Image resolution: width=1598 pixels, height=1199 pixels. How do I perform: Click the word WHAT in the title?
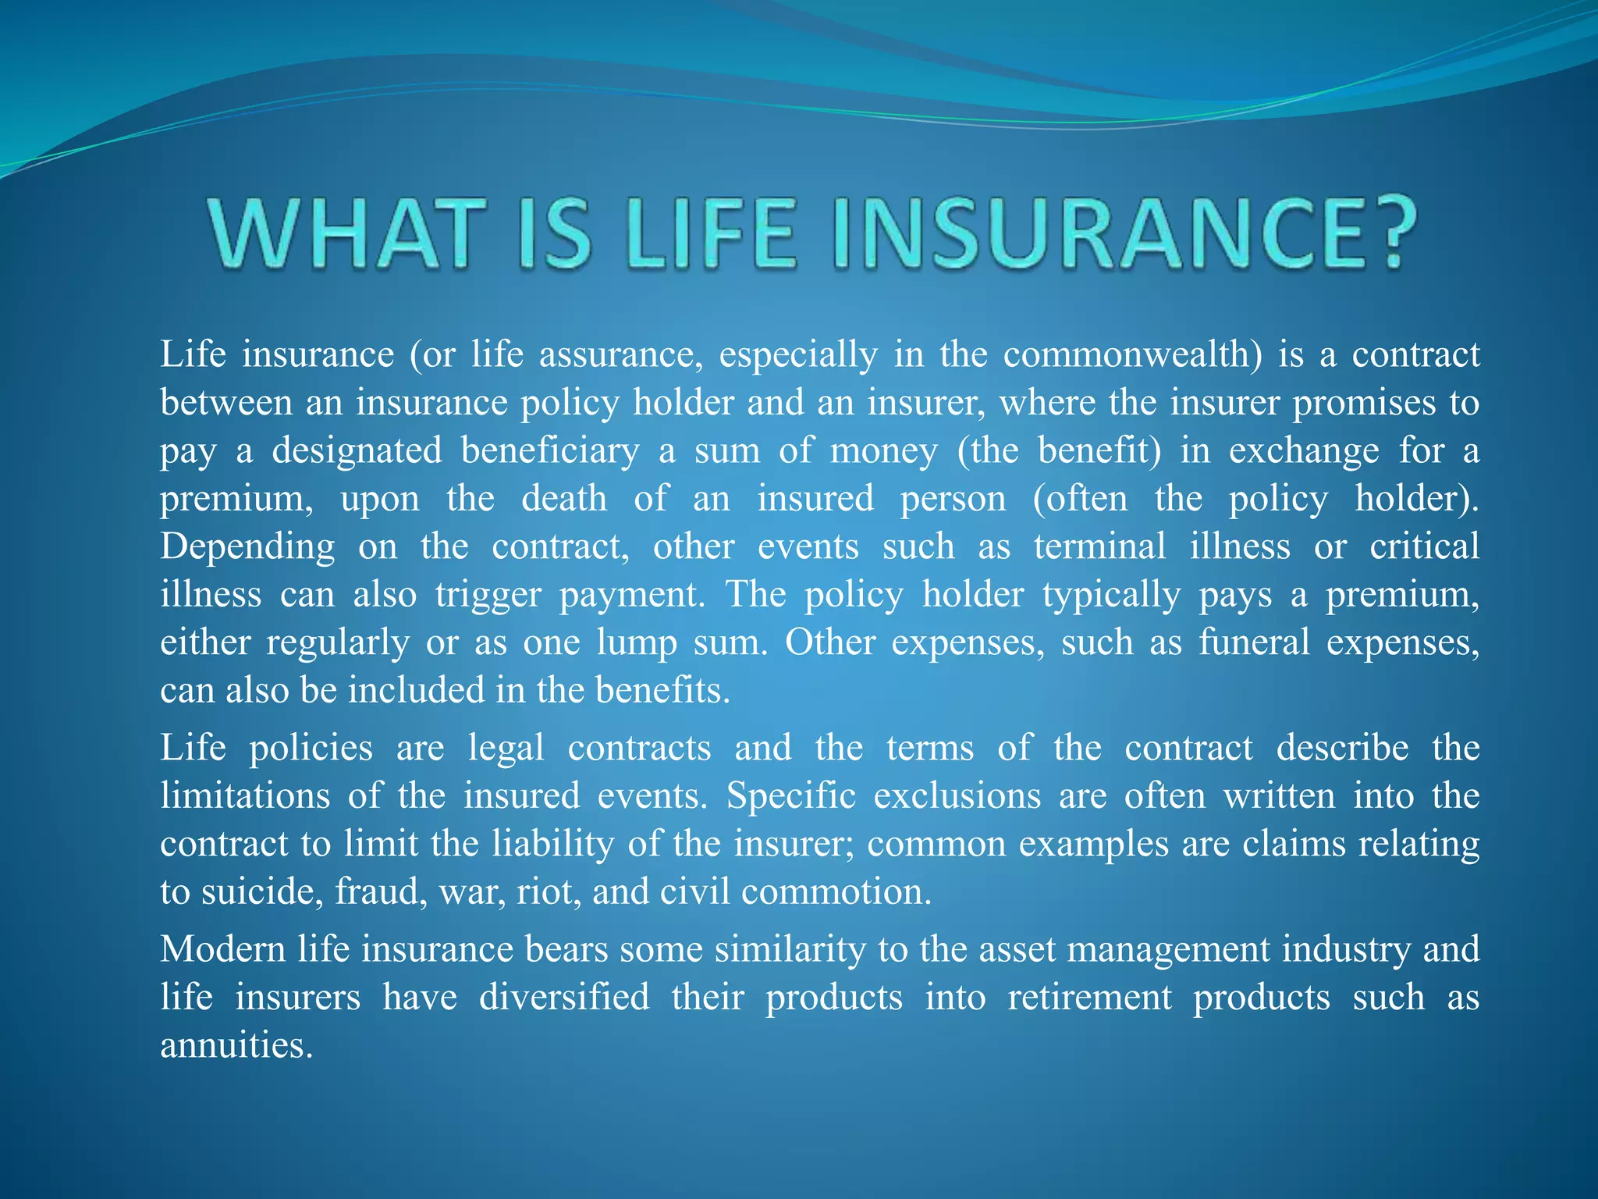343,233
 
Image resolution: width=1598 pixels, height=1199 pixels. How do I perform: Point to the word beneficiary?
549,451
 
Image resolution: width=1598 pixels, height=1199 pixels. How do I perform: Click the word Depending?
247,547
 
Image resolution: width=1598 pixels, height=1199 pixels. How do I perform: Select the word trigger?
488,595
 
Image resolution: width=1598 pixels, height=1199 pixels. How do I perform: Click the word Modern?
222,950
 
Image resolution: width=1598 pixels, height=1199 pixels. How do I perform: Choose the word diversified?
563,998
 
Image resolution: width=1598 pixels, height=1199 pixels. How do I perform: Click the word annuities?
236,1046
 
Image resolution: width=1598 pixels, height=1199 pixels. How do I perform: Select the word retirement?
1089,998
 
